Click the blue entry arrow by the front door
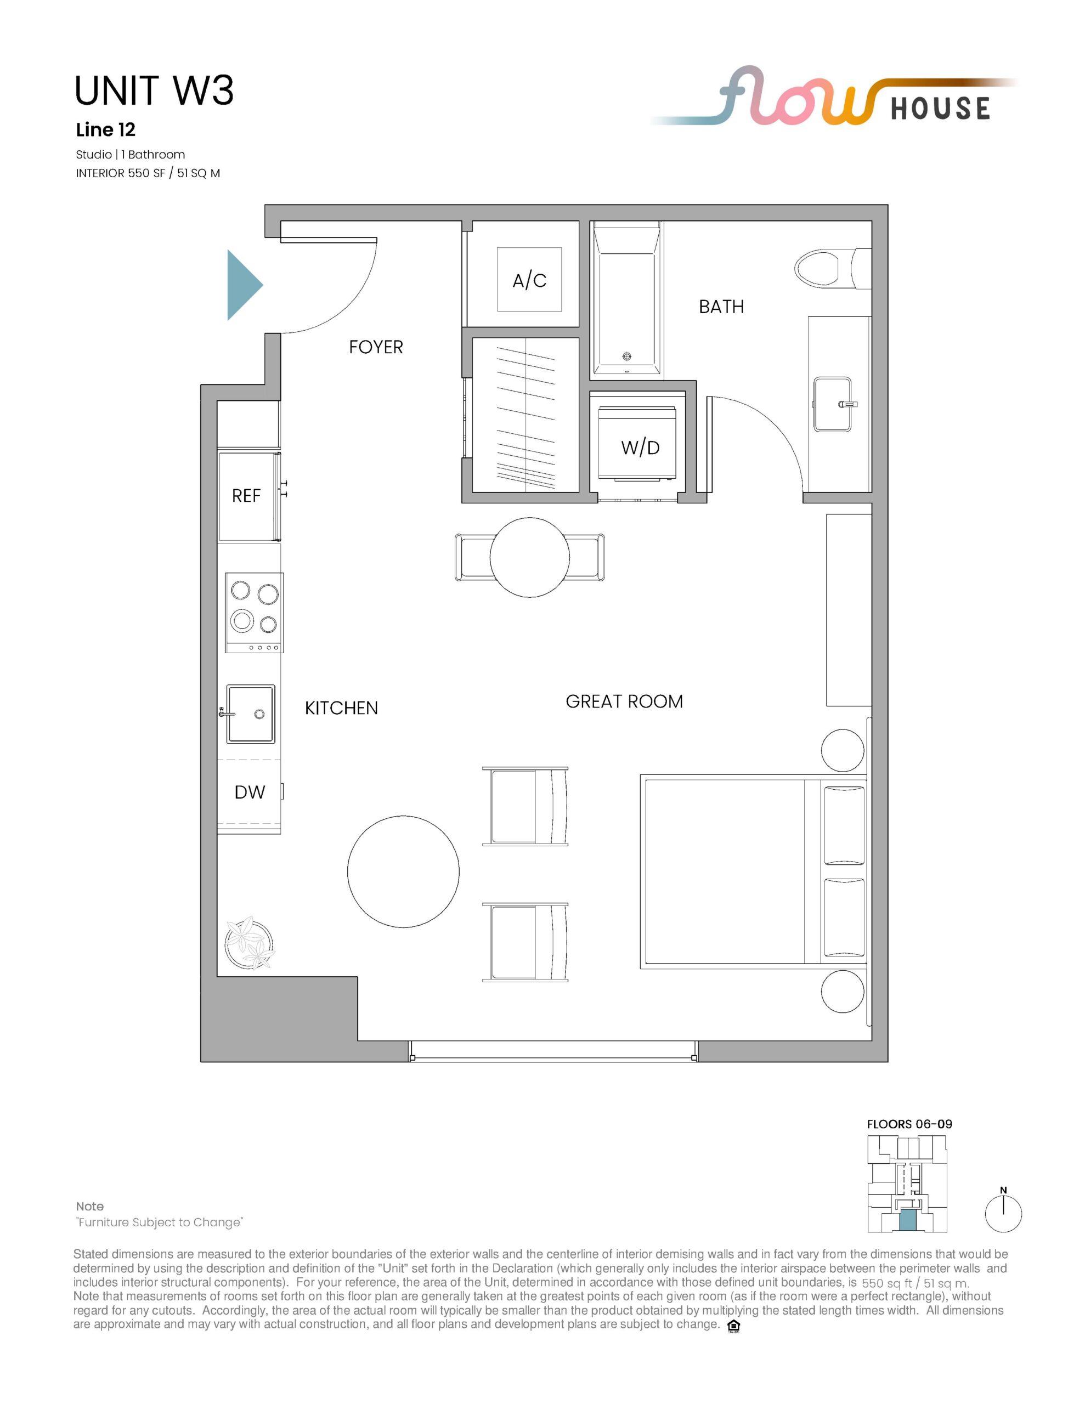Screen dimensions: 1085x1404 (243, 285)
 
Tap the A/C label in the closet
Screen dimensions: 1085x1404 (529, 280)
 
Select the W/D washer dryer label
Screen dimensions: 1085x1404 (640, 448)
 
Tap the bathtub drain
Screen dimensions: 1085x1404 (627, 356)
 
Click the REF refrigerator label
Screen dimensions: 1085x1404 (246, 496)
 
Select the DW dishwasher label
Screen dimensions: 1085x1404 (250, 792)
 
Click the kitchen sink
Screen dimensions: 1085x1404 (250, 714)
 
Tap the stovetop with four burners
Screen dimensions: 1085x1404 (254, 613)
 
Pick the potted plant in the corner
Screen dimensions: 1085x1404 (250, 942)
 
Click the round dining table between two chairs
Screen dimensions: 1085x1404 (529, 557)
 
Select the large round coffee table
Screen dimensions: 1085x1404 (403, 871)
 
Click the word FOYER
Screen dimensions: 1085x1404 (376, 347)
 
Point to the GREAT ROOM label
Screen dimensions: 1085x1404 (624, 701)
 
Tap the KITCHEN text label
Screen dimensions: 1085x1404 (341, 708)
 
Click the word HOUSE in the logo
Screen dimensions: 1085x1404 (940, 108)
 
